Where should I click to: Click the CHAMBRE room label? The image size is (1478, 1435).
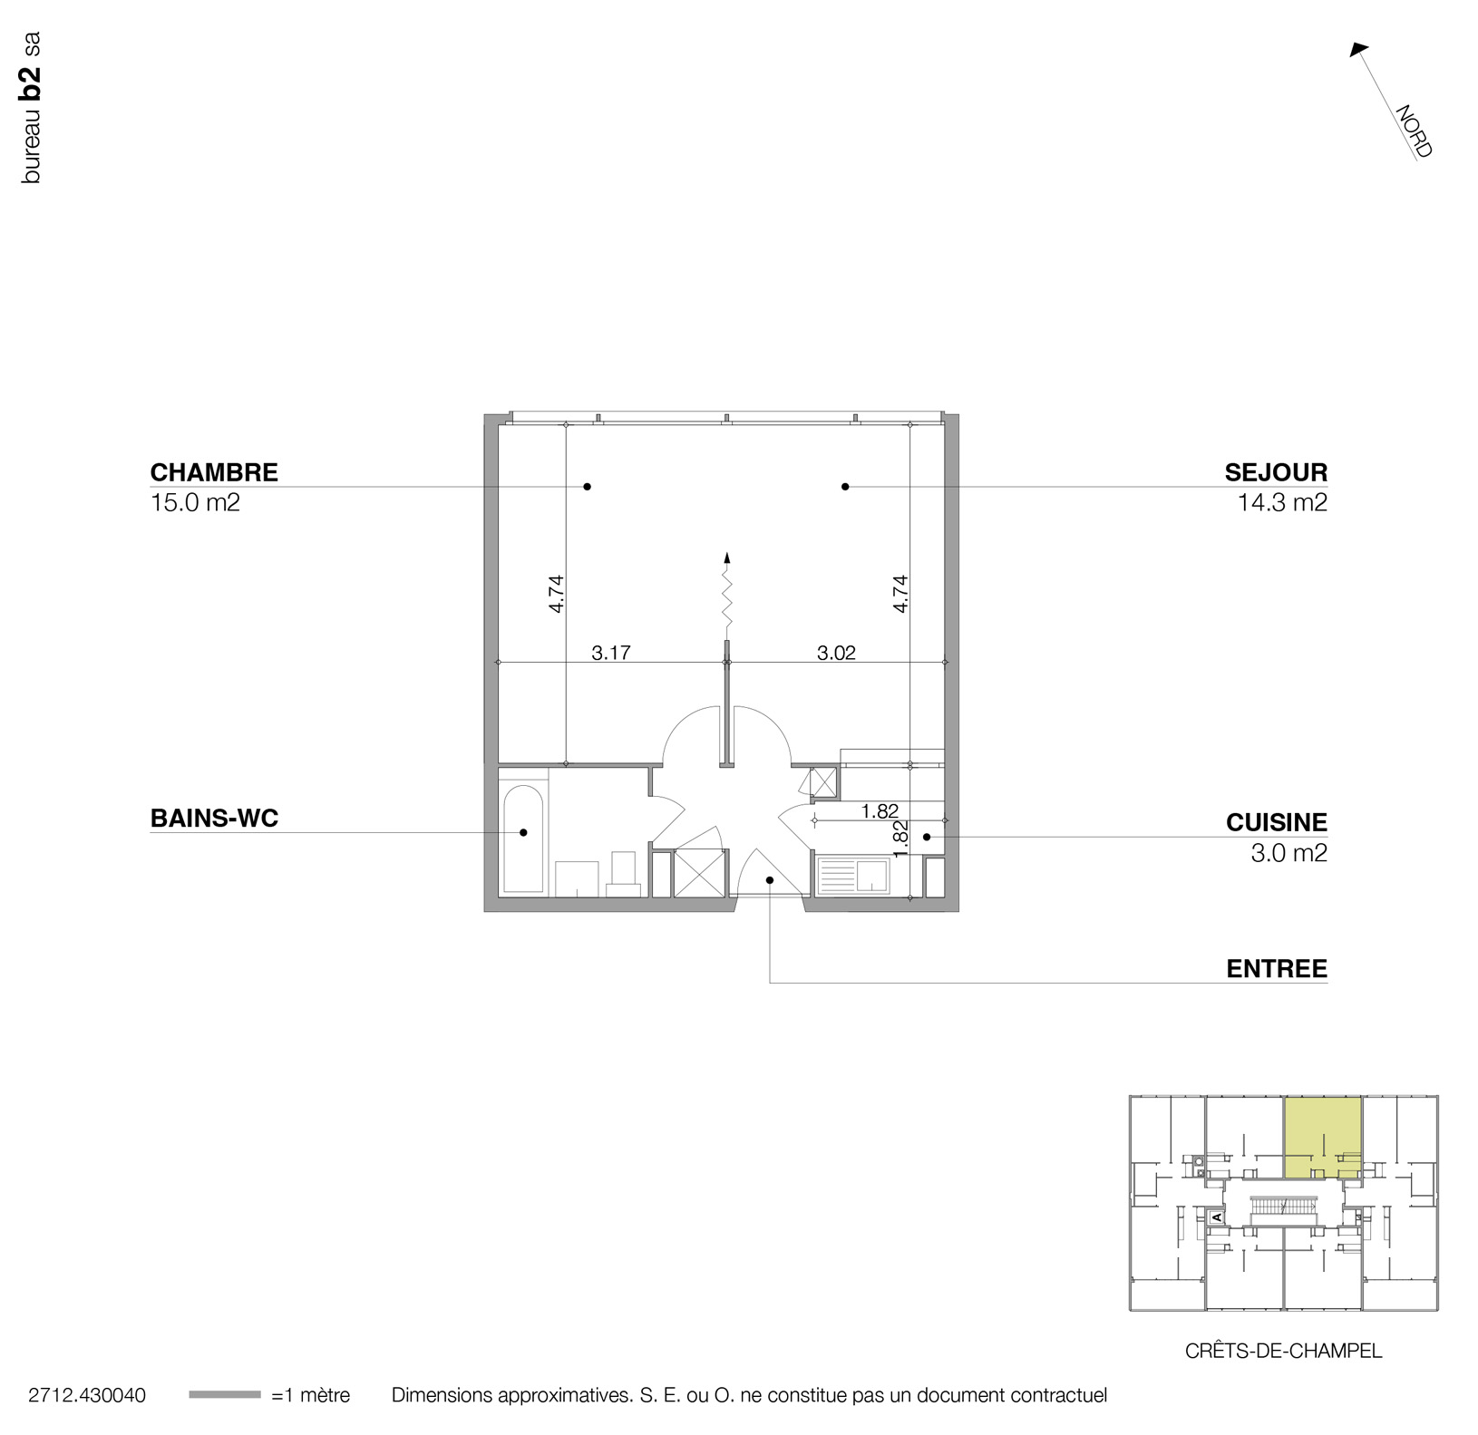[214, 472]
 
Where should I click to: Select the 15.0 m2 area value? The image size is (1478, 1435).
[195, 502]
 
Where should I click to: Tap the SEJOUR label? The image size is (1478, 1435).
[1276, 472]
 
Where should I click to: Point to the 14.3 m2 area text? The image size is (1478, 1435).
[1282, 502]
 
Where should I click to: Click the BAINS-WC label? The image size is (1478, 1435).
[214, 819]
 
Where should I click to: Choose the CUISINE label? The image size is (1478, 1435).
[1276, 822]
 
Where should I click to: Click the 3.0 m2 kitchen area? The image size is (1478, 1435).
[1288, 852]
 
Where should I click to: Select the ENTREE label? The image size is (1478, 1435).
[1277, 969]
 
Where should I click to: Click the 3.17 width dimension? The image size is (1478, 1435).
[611, 653]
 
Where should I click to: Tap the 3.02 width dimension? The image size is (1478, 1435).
[836, 653]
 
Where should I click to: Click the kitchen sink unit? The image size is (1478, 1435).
[853, 877]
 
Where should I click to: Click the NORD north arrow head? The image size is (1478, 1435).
[1357, 50]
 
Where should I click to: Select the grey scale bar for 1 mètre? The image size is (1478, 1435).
[224, 1395]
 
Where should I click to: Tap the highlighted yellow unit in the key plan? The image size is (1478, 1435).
[1322, 1137]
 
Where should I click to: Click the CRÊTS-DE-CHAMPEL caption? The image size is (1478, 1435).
[1283, 1351]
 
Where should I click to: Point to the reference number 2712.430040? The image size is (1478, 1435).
[87, 1395]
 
